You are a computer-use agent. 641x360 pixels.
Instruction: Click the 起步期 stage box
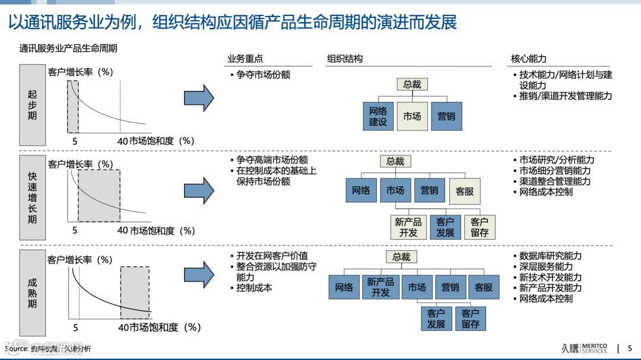coord(32,105)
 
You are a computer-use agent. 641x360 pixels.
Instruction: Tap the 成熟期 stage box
coord(32,293)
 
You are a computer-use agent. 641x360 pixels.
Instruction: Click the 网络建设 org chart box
coord(378,116)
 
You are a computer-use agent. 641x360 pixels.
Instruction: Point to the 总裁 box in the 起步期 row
coord(412,84)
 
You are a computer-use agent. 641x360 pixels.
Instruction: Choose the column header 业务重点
coord(245,59)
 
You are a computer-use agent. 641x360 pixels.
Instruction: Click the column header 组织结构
coord(345,59)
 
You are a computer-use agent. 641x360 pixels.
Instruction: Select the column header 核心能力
coord(528,59)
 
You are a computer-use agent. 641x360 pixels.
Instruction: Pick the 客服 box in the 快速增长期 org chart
coord(465,191)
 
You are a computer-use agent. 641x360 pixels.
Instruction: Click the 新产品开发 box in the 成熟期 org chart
coord(380,287)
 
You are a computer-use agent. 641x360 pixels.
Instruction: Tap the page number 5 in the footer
coord(630,348)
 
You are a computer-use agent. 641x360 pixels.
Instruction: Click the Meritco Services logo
coord(585,348)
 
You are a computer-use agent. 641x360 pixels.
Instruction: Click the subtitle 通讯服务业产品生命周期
coord(68,48)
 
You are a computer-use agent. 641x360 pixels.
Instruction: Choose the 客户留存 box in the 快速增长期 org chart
coord(480,227)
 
